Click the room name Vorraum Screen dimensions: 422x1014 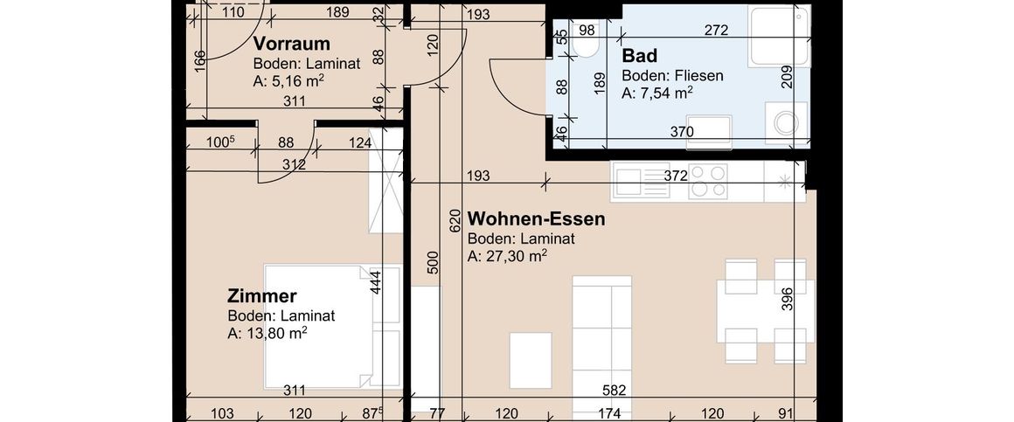[291, 44]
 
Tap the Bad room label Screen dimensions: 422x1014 [639, 56]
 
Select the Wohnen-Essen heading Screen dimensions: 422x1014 [536, 218]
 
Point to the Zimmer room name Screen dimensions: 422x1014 [262, 297]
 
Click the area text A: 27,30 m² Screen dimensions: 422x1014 [507, 257]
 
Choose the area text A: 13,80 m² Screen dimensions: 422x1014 [267, 334]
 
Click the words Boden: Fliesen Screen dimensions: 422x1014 [672, 75]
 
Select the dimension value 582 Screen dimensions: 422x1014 [617, 391]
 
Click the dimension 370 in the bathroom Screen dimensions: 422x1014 [682, 132]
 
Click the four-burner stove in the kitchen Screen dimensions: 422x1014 [708, 181]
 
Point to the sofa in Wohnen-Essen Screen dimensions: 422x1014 [601, 326]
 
